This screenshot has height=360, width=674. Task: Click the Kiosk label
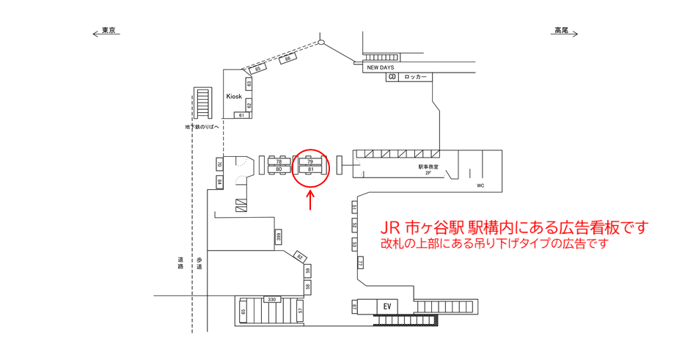click(x=234, y=96)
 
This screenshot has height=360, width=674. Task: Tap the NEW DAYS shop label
click(x=381, y=67)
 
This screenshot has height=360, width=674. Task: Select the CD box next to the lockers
click(x=392, y=77)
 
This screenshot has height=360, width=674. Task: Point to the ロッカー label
click(x=415, y=77)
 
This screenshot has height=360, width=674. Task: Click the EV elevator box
click(x=386, y=305)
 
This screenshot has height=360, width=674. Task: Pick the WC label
click(x=480, y=185)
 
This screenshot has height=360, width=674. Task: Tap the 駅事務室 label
click(x=428, y=166)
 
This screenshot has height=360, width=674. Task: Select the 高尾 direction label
click(x=561, y=31)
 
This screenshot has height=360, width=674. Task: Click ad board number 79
click(x=310, y=162)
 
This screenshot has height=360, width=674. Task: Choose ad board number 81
click(x=310, y=169)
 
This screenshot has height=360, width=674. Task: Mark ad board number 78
click(x=279, y=162)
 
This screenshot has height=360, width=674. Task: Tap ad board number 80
click(x=279, y=169)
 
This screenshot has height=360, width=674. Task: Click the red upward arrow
click(x=311, y=199)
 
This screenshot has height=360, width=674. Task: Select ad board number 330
click(x=271, y=299)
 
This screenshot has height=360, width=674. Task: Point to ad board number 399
click(x=279, y=237)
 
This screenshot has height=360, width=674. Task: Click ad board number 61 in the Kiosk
click(x=241, y=115)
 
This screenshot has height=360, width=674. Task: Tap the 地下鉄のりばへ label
click(x=202, y=127)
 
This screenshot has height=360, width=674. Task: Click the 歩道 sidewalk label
click(x=199, y=263)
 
